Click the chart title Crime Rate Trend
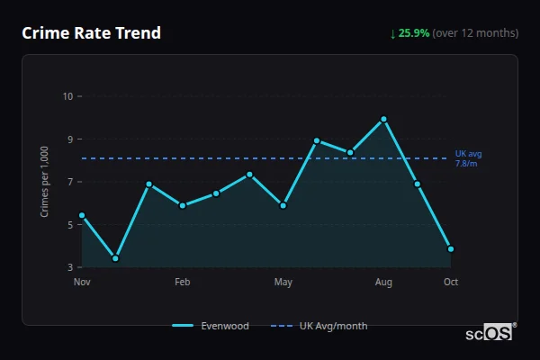(91, 33)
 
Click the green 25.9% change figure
(415, 33)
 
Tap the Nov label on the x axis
(82, 283)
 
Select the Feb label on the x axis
(183, 283)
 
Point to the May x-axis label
(283, 283)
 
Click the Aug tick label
(383, 283)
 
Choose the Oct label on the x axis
(451, 283)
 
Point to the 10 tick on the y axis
(67, 96)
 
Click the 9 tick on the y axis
(70, 139)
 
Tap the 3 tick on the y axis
(70, 268)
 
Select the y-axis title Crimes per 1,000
(45, 182)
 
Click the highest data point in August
(383, 119)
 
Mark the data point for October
(451, 248)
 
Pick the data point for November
(82, 215)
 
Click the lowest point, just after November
(115, 258)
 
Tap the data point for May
(283, 205)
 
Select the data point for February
(183, 205)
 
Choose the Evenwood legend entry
(211, 326)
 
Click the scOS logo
(489, 333)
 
